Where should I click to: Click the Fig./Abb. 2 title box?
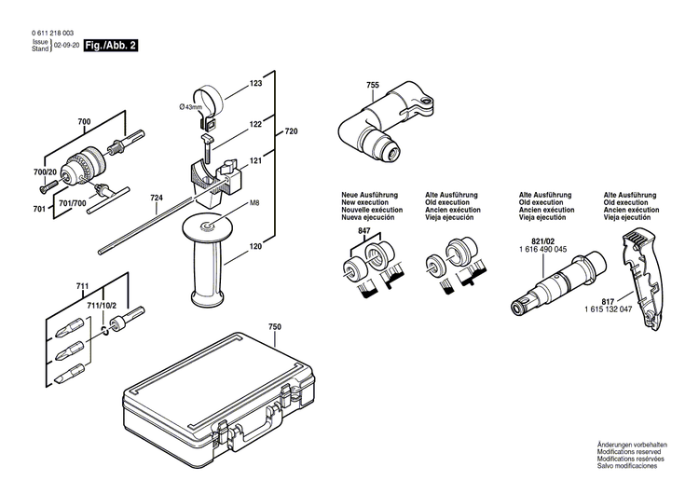point(112,45)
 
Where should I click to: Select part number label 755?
point(373,86)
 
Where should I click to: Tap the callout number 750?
point(274,328)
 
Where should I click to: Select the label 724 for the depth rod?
point(157,198)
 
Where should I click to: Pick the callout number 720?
point(291,132)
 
